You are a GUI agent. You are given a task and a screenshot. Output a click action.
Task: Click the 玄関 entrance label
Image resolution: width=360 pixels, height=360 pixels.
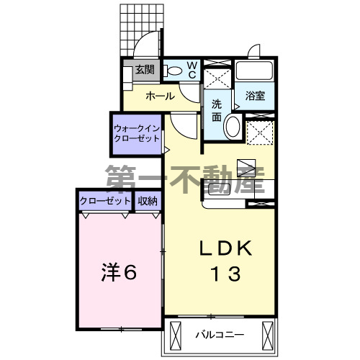point(144,70)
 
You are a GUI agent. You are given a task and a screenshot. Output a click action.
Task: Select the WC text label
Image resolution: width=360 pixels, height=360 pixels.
point(192,69)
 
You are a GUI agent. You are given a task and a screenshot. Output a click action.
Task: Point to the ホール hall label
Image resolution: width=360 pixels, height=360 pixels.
point(158,95)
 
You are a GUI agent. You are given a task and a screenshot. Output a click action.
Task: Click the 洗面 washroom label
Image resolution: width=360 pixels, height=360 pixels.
point(216,108)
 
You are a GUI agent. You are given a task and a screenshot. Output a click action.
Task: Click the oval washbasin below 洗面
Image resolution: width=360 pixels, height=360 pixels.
point(233,128)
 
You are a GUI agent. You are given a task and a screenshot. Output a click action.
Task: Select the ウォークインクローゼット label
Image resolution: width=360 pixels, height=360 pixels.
point(136,133)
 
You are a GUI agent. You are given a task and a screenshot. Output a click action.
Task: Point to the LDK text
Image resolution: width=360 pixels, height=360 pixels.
point(225,250)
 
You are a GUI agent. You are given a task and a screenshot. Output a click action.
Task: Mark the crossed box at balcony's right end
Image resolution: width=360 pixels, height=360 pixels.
point(266,334)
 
